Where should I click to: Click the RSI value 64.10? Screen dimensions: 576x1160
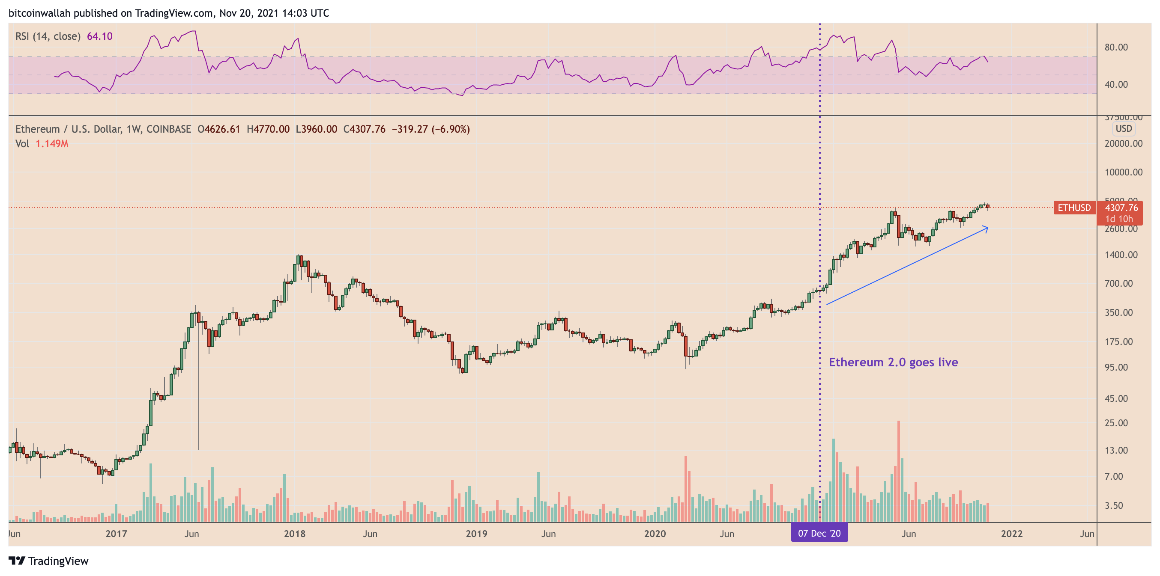click(99, 36)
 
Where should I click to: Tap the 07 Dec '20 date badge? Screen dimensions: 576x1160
click(819, 533)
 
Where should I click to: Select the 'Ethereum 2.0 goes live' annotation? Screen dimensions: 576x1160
click(893, 362)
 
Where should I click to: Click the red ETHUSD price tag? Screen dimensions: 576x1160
click(1074, 208)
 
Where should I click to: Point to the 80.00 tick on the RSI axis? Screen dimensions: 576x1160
click(1116, 47)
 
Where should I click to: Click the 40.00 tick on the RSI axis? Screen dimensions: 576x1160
click(1116, 85)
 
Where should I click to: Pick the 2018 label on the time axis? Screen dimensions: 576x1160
click(295, 534)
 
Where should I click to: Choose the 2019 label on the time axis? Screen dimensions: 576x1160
click(476, 534)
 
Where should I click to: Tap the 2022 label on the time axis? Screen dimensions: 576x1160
click(1011, 534)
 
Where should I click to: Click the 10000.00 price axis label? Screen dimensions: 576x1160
click(1123, 172)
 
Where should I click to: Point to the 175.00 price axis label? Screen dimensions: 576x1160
click(1118, 341)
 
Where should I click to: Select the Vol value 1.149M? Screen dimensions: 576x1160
click(52, 144)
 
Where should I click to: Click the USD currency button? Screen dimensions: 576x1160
click(1124, 129)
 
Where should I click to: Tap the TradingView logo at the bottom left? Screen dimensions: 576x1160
click(49, 561)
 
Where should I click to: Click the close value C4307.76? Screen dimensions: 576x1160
click(364, 129)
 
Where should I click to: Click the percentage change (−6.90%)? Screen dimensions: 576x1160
click(451, 129)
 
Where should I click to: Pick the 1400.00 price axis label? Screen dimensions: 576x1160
click(1121, 255)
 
